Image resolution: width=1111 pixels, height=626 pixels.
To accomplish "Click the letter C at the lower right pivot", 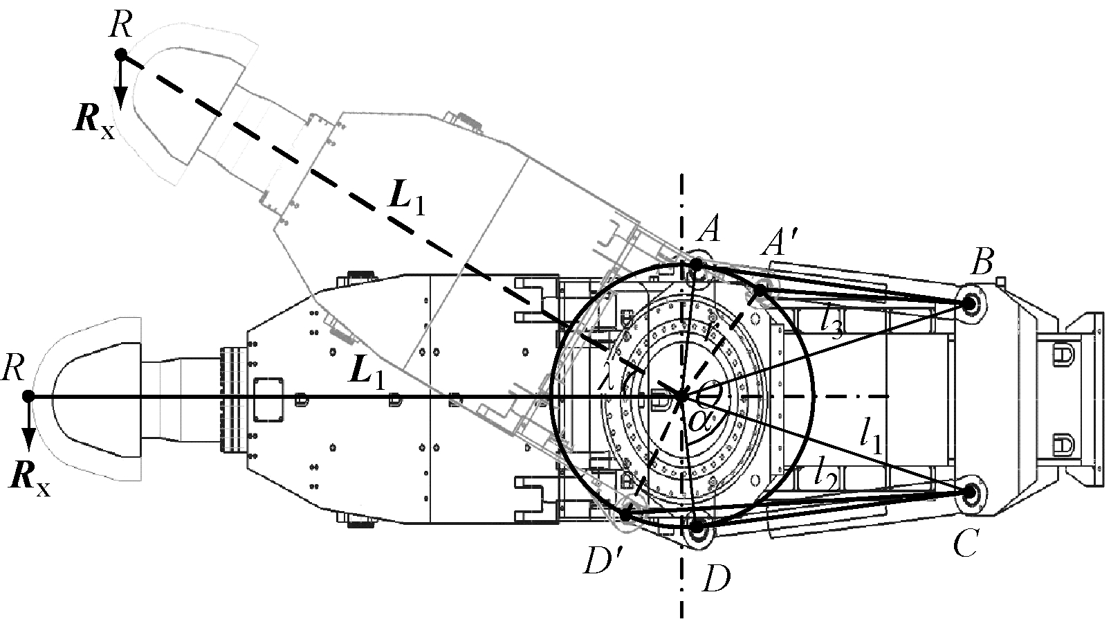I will click(x=964, y=546).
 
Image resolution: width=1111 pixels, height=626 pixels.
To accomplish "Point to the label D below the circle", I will click(x=714, y=579).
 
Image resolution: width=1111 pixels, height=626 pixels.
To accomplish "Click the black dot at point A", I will click(x=696, y=265).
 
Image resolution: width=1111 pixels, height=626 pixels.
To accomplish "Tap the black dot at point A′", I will click(x=760, y=291).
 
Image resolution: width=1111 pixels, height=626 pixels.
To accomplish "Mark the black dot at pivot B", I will click(x=968, y=303).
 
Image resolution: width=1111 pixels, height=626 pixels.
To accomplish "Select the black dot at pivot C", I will click(x=969, y=492).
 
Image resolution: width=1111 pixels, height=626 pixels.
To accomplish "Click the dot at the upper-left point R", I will click(x=120, y=53).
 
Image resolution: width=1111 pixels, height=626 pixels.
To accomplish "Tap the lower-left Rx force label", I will click(x=31, y=478).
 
